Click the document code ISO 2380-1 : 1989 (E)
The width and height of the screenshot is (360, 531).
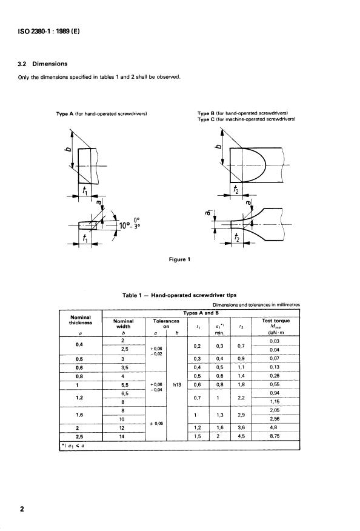48,32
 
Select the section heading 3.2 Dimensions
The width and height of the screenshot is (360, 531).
42,64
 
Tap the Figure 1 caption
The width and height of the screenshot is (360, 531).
179,259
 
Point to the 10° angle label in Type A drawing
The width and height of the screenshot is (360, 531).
125,225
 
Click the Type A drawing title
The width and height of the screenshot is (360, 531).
101,114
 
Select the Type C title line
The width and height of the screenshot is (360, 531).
247,119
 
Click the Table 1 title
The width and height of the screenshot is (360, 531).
179,295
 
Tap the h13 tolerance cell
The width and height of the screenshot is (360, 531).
177,385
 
